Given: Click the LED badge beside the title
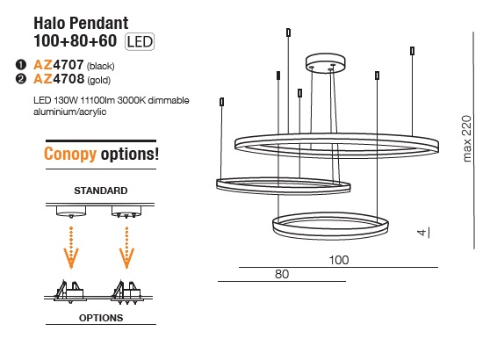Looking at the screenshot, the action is click(140, 41).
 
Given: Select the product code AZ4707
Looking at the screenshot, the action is click(59, 65).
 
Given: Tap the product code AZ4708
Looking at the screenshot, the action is click(59, 79).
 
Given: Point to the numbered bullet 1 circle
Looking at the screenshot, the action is click(20, 65).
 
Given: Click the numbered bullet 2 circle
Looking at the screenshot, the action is click(20, 79).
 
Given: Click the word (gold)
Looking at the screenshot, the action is click(98, 80).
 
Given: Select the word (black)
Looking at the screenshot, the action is click(101, 66).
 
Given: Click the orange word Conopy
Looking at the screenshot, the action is click(70, 154).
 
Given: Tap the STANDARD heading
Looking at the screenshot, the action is click(101, 191).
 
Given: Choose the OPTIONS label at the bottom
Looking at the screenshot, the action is click(101, 318).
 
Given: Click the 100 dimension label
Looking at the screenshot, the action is click(339, 260).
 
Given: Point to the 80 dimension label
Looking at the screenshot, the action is click(282, 274).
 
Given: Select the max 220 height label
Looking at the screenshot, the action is click(466, 139).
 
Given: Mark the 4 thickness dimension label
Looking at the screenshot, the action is click(422, 233).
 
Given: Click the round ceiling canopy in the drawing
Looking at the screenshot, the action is click(326, 62).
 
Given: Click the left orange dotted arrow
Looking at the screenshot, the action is click(71, 248).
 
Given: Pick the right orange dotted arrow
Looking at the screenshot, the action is click(126, 248).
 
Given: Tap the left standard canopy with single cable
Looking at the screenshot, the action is click(71, 212).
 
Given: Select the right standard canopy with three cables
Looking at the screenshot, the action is click(126, 212).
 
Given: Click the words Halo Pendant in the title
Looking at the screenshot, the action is click(81, 23).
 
